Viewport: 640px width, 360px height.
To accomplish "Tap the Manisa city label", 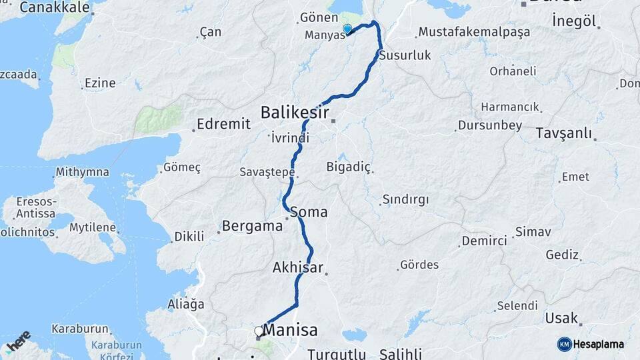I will coord(291,330).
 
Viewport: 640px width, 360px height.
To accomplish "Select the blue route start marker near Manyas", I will coord(347,29).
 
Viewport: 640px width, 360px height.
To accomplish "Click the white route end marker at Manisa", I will coord(259,331).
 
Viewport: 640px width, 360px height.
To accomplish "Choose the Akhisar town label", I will coord(297,268).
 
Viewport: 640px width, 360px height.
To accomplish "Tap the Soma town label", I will coord(309,213).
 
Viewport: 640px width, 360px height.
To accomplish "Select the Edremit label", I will coord(224,124).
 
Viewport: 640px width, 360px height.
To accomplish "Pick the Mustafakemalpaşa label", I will coord(474,32).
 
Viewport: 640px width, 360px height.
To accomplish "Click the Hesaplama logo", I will coord(591,344).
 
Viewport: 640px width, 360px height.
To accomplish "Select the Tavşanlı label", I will coord(563,133).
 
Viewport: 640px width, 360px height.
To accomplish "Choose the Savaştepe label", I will coord(267,172).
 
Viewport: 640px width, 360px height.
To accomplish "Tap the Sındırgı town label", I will coord(405,199).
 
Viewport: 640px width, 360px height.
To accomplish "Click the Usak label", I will coord(561,318).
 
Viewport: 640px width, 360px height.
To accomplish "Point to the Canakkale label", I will coord(55,7).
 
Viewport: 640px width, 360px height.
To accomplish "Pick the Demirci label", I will coord(485,241).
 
